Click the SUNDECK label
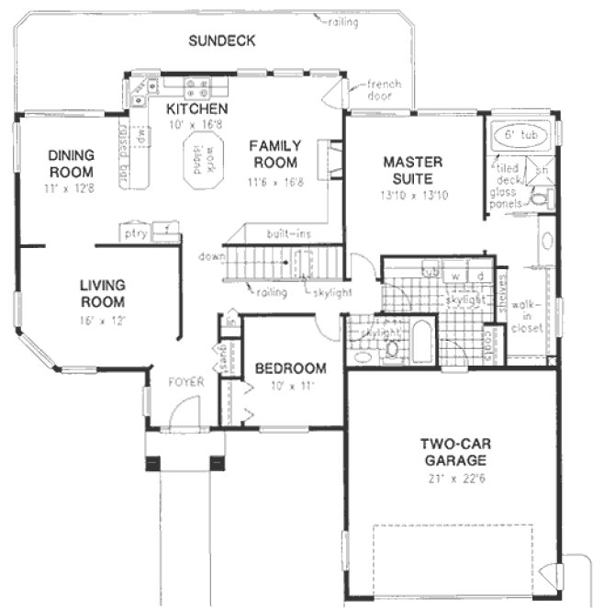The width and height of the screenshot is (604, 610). [221, 40]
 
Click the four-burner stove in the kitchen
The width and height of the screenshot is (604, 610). [196, 88]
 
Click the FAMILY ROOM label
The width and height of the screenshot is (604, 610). [274, 154]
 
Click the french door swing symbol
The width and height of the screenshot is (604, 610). [336, 93]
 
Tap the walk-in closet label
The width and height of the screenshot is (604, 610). [527, 316]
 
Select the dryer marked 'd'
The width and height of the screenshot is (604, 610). [480, 275]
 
